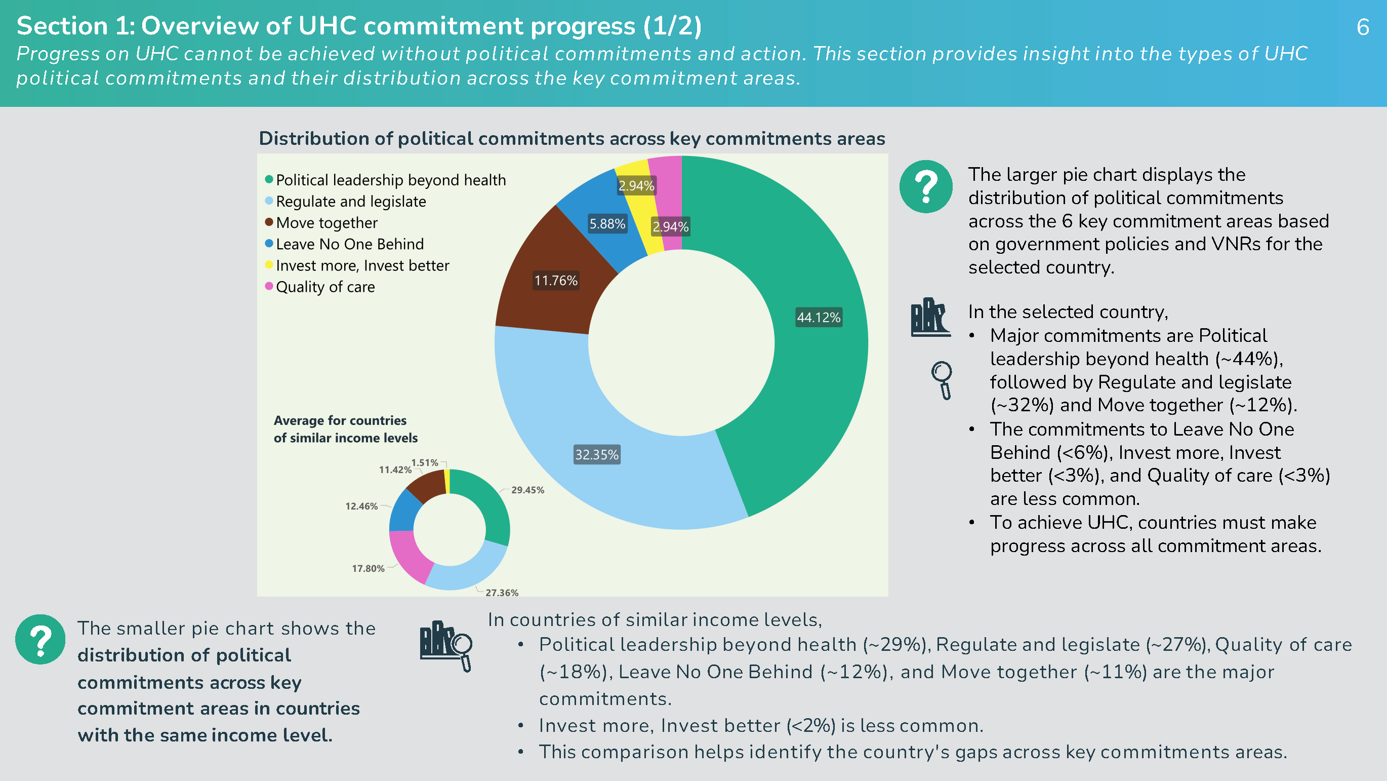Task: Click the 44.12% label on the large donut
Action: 819,317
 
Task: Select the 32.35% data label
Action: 597,455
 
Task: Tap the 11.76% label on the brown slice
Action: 556,281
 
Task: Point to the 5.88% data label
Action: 607,224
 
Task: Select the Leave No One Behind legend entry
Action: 345,244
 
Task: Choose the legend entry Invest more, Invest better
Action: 357,265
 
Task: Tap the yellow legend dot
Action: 269,265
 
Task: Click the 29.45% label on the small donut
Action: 527,490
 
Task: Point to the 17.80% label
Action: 369,569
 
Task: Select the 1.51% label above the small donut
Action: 425,463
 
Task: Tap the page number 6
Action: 1363,27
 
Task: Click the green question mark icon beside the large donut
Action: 925,187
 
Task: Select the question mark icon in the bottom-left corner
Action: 40,640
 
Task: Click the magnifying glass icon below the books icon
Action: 942,380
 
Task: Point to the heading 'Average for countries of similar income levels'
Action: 346,429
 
